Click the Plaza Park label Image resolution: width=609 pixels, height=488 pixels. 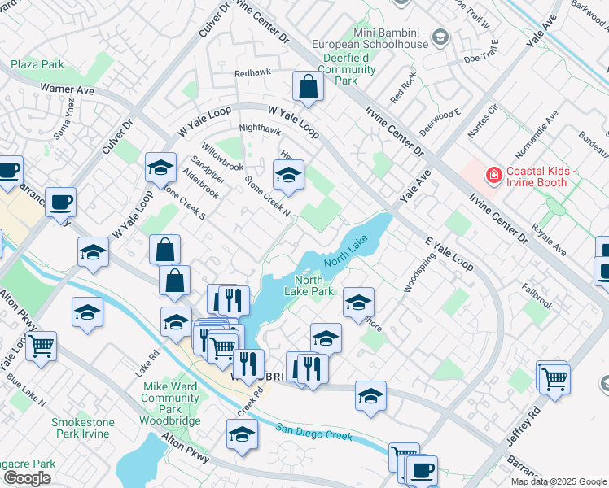click(x=37, y=63)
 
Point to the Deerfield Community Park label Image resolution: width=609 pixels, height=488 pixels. click(x=346, y=69)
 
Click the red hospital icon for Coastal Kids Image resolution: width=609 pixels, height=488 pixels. click(x=492, y=174)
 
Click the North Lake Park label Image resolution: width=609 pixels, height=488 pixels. click(x=313, y=285)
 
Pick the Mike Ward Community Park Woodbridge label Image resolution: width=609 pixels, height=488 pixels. click(x=170, y=398)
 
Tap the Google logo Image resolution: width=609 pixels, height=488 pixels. click(x=27, y=478)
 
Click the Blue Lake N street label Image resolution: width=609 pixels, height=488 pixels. click(x=25, y=391)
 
